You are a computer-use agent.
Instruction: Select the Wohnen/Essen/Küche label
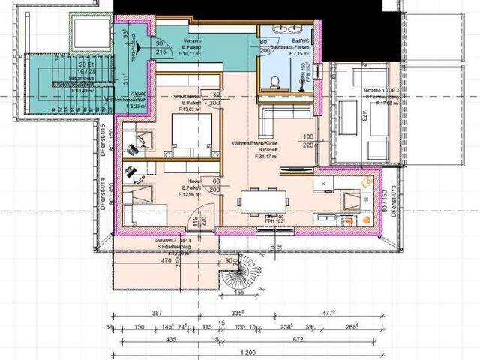[x=255, y=142]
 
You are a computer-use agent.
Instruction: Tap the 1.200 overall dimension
[x=246, y=352]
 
